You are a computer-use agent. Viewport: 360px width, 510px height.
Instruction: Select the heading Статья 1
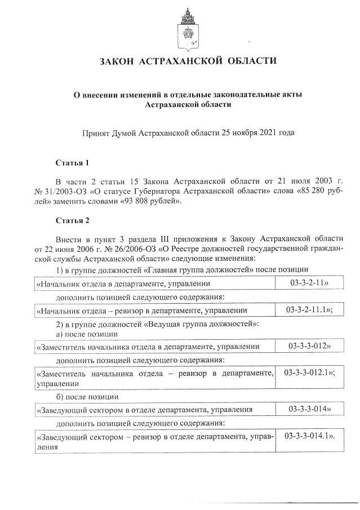[72, 163]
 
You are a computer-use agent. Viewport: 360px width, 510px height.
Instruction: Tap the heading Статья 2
[72, 220]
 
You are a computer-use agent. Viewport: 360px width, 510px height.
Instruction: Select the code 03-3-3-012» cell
[309, 345]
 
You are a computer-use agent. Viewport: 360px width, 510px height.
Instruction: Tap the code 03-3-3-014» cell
[309, 409]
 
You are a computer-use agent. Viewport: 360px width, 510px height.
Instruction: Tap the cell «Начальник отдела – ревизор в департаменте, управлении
[141, 310]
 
